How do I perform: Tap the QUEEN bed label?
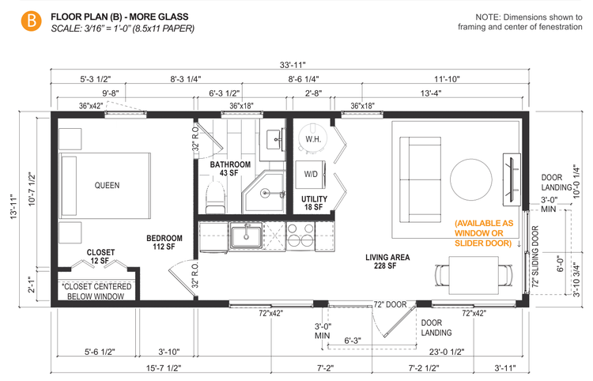(x=107, y=186)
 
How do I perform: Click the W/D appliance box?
(x=310, y=174)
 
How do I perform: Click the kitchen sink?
(x=245, y=235)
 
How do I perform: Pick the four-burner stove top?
(x=300, y=236)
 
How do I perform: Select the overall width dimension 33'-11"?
(x=292, y=64)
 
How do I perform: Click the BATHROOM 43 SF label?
(x=230, y=168)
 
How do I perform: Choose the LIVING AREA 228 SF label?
(x=385, y=262)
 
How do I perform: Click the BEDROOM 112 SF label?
(x=164, y=242)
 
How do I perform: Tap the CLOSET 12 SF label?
(x=100, y=256)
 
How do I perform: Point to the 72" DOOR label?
(x=390, y=304)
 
